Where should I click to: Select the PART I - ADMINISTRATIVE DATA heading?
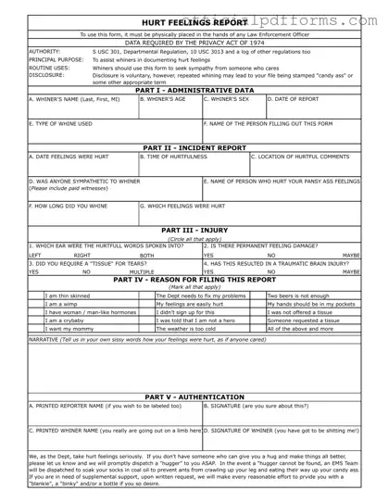[194, 90]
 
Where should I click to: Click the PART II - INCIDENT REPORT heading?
[194, 147]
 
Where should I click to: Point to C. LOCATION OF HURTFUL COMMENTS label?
[302, 157]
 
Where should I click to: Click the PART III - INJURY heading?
[194, 230]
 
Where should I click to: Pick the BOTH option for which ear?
[146, 254]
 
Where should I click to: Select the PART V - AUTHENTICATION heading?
[194, 396]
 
